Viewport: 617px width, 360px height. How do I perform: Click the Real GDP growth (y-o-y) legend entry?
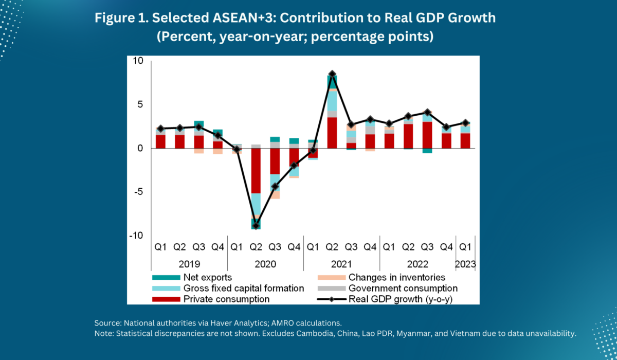[401, 299]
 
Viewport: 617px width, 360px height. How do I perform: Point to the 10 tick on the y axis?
[138, 61]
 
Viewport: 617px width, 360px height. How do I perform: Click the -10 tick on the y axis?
[136, 236]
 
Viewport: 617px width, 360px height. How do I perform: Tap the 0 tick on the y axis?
[140, 148]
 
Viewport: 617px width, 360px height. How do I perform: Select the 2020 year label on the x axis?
[265, 264]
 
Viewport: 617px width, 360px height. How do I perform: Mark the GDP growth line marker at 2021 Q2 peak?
[332, 74]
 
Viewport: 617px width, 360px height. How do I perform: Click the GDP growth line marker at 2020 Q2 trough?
[256, 225]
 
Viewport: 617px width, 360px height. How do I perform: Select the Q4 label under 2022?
[446, 246]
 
